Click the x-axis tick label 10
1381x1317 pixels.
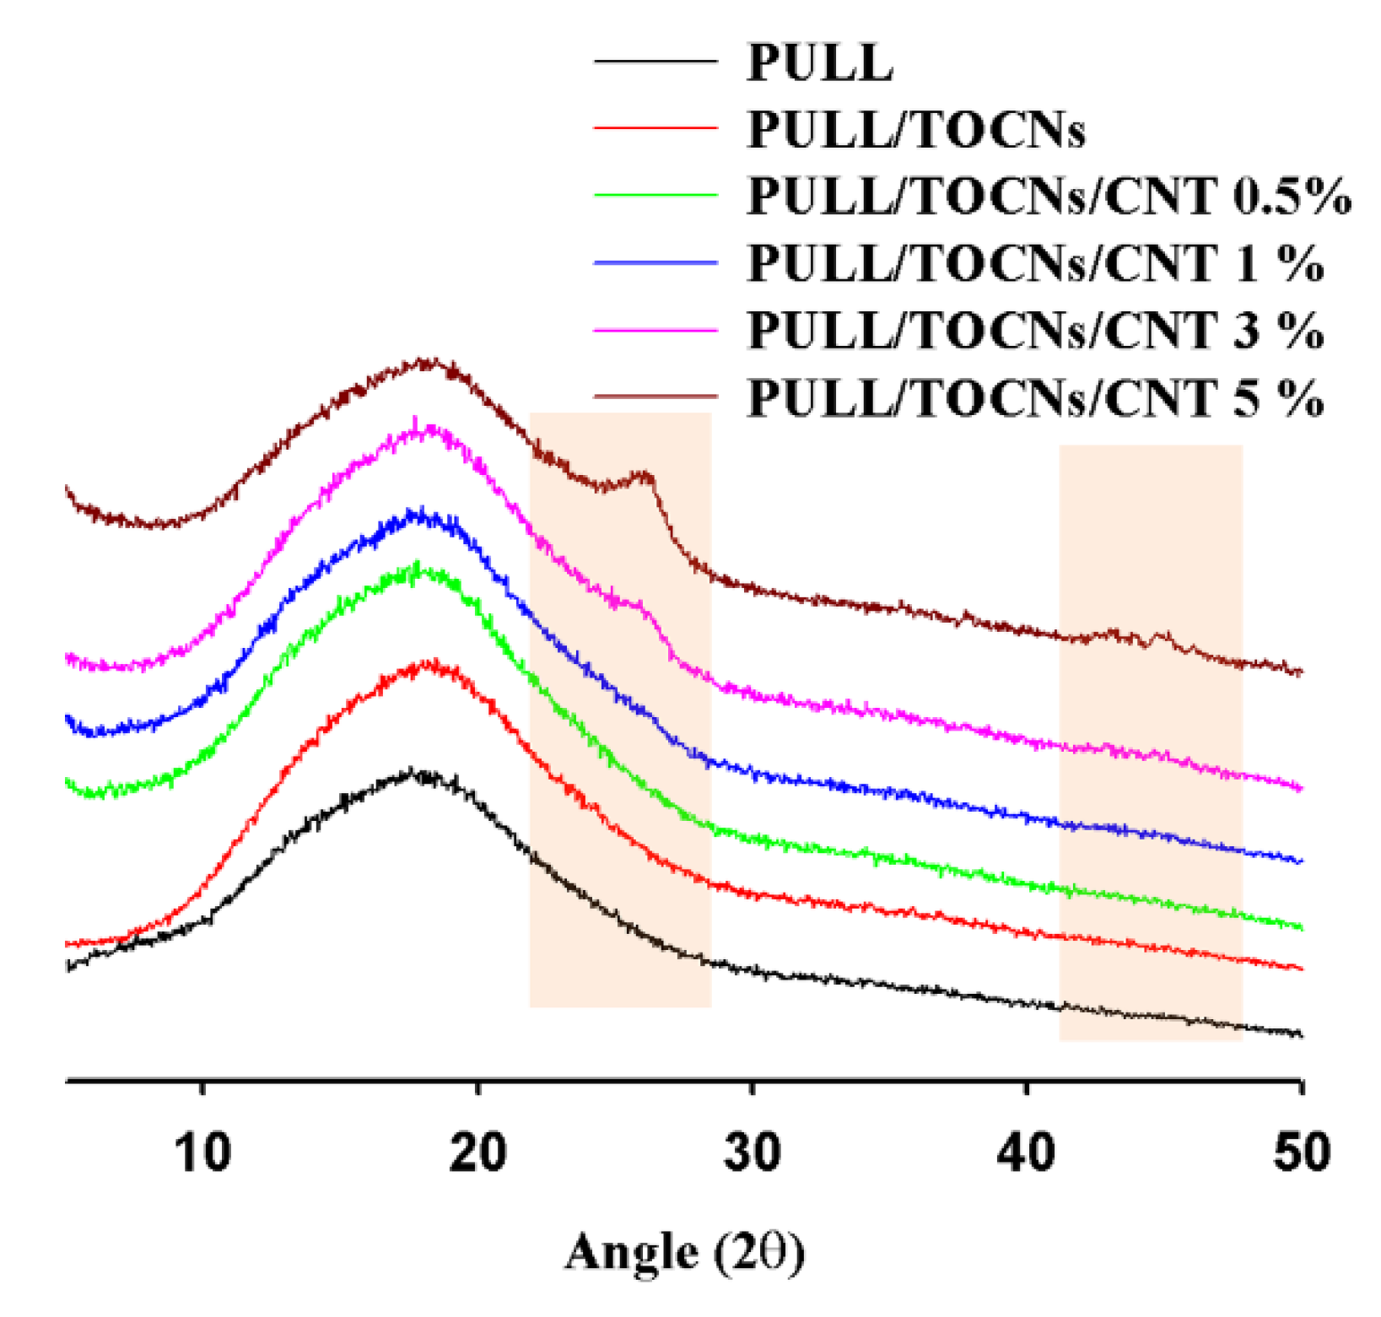point(202,1153)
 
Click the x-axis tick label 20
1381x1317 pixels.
point(477,1153)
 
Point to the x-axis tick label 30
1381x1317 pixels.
point(753,1153)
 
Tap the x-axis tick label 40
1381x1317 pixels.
point(1027,1153)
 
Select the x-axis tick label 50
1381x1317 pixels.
point(1301,1153)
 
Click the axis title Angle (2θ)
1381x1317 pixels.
point(684,1252)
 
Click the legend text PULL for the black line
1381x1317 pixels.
point(819,62)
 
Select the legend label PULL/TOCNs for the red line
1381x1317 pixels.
point(915,129)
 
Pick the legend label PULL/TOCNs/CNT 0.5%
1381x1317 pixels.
point(1049,196)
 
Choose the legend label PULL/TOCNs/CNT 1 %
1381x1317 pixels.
point(1035,263)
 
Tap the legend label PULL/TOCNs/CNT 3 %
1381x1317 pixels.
point(1035,330)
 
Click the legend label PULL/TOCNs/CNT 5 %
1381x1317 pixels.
point(1035,397)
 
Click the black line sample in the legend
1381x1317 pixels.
point(655,62)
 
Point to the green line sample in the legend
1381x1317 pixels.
point(655,195)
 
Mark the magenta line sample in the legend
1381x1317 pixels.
point(655,330)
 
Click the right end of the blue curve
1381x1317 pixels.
point(1300,861)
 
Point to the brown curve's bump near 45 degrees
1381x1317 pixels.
point(1164,634)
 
